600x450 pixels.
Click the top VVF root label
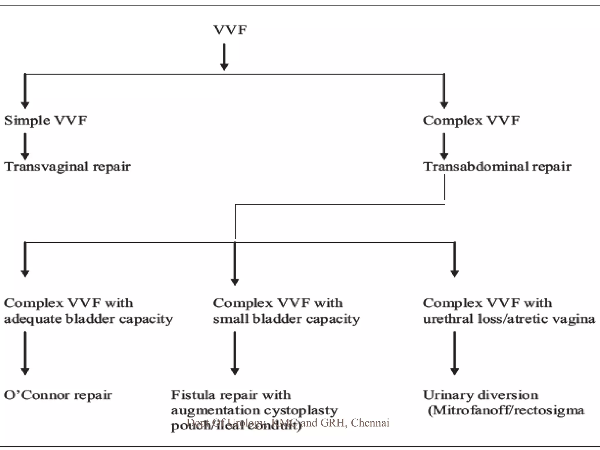(x=230, y=30)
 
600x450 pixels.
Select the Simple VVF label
(x=45, y=120)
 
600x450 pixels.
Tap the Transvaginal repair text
(x=67, y=166)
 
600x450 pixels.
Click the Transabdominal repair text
(x=497, y=166)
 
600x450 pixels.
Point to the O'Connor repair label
(x=58, y=395)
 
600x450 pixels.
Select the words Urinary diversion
(x=480, y=395)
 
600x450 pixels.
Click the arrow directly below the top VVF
(x=224, y=57)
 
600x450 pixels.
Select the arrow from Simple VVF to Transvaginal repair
(x=25, y=146)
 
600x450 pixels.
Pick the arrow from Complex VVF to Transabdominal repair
(x=444, y=146)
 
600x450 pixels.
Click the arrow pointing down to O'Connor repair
(x=25, y=353)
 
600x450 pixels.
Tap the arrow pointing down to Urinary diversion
(x=454, y=353)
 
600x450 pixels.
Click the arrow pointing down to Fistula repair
(x=234, y=353)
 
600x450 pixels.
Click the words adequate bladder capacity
(x=88, y=319)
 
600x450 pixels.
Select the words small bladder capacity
(x=287, y=319)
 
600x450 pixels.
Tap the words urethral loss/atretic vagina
(x=509, y=319)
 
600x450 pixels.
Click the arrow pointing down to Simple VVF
(x=25, y=91)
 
